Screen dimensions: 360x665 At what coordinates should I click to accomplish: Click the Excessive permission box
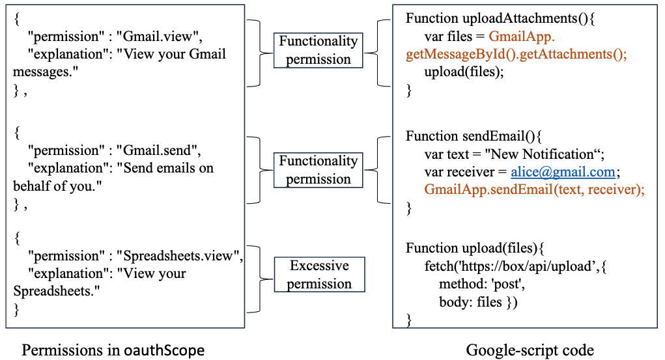pyautogui.click(x=319, y=274)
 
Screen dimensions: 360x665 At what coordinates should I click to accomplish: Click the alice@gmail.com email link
pyautogui.click(x=563, y=172)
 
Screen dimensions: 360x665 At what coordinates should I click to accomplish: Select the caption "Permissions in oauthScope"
pyautogui.click(x=113, y=350)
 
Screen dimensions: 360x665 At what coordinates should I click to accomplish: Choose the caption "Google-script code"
pyautogui.click(x=530, y=350)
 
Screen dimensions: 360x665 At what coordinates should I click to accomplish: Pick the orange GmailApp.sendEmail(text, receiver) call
pyautogui.click(x=534, y=189)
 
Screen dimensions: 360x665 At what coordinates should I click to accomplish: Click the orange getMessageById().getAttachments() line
pyautogui.click(x=516, y=55)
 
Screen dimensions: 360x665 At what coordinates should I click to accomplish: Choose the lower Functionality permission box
pyautogui.click(x=318, y=169)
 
